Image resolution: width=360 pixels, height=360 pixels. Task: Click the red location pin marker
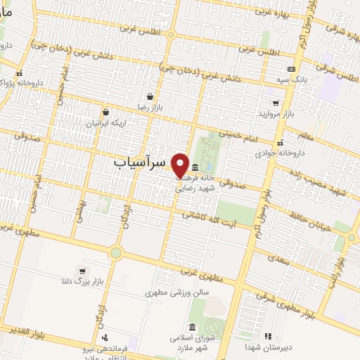[x=180, y=165]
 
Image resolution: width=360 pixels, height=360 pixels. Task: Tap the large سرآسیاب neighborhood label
[x=141, y=161]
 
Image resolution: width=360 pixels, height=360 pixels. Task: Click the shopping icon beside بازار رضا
[x=150, y=97]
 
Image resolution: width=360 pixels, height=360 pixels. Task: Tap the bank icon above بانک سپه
[x=291, y=69]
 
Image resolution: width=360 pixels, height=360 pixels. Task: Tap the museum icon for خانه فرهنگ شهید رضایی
[x=194, y=167]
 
